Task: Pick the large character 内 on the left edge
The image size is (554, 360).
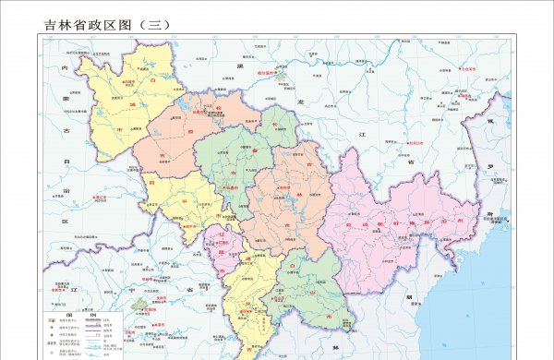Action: point(64,68)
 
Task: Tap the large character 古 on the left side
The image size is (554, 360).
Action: point(66,131)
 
